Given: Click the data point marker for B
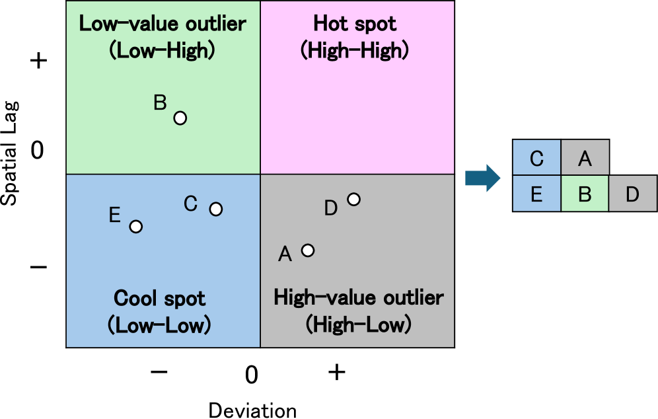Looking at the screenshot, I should pos(180,118).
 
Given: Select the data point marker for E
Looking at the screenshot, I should pos(135,227).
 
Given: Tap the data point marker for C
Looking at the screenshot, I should pos(215,209).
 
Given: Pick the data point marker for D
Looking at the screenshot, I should pos(353,200).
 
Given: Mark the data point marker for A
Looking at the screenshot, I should pos(307,250).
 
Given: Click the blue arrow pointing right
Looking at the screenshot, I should pos(483,178).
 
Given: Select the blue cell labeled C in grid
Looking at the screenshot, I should pos(537,159).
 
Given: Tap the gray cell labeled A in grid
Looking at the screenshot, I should pos(585,159).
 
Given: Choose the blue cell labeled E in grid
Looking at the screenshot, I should pos(537,194).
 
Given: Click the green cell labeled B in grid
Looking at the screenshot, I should pos(585,194).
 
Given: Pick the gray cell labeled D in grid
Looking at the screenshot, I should pos(632,194).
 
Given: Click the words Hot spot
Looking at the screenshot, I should pos(355,24).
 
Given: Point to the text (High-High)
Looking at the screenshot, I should pos(355,51).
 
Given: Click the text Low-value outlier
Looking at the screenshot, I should pos(163,24).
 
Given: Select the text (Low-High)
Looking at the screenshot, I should pos(163,51).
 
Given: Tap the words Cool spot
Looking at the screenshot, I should pos(159,298).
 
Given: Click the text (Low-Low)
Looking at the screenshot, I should pos(159,324).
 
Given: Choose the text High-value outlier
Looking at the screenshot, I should pos(358,298).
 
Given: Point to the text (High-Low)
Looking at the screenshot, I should pos(358,324).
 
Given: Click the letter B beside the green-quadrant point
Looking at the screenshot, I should pos(160,103).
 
